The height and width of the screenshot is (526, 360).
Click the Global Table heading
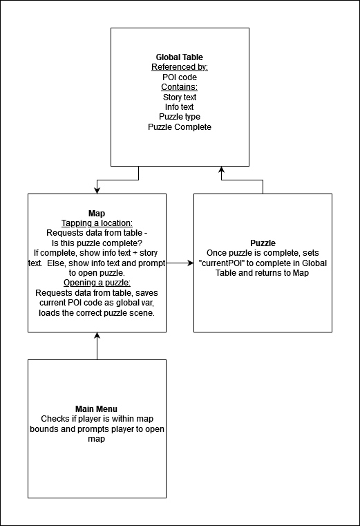click(180, 57)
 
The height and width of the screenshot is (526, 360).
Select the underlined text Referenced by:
click(180, 67)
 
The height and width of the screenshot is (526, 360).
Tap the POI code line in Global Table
click(180, 77)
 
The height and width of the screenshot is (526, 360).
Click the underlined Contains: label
click(179, 87)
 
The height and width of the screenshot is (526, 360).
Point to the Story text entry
click(180, 97)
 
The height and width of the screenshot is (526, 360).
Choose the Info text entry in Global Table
click(179, 107)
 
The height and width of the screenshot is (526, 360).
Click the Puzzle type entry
click(180, 117)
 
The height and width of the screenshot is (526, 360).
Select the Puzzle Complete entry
click(180, 127)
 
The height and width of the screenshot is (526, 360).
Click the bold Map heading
click(97, 214)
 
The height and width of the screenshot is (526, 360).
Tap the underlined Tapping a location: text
click(97, 223)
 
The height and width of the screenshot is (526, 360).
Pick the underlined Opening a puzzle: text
click(97, 283)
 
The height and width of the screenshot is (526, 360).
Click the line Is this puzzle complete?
click(97, 243)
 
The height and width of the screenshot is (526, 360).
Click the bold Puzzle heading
click(263, 243)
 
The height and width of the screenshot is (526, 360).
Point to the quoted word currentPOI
click(221, 263)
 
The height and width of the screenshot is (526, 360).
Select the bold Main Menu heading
click(96, 409)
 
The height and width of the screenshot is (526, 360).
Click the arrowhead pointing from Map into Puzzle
click(191, 263)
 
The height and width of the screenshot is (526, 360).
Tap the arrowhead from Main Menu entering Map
click(97, 335)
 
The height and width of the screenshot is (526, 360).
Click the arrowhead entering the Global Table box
click(221, 169)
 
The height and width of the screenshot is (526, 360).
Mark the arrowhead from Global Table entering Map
click(97, 191)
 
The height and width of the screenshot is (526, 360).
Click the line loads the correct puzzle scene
click(97, 313)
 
